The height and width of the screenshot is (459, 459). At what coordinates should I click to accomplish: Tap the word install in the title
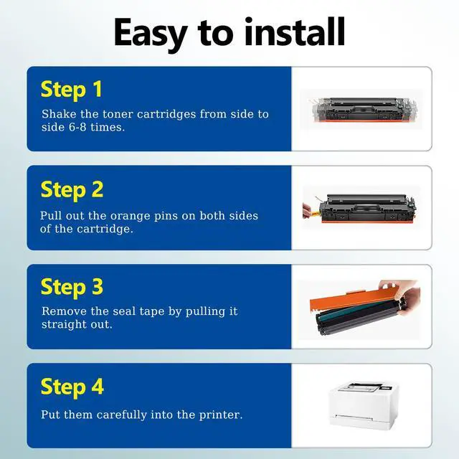pos(295,32)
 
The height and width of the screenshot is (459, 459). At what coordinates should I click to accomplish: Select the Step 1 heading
pos(72,90)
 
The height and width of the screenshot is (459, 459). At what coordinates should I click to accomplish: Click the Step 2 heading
pos(72,190)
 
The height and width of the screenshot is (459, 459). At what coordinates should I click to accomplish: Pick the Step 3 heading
pos(72,287)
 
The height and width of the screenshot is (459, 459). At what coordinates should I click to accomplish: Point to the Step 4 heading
pos(72,387)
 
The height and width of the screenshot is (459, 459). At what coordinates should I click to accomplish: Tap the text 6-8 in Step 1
pos(77,128)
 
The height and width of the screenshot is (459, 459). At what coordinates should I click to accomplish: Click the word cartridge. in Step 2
pos(105,229)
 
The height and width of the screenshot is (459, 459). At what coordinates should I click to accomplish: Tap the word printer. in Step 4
pos(221,415)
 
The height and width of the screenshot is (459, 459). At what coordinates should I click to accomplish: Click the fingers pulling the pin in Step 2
pos(307,211)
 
